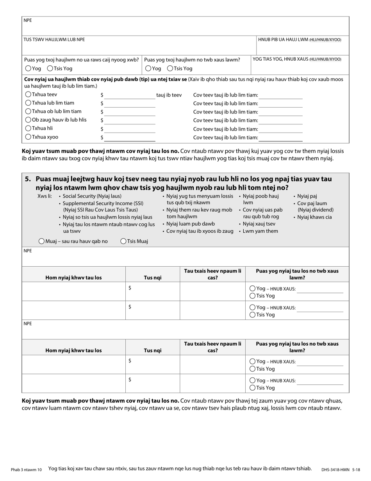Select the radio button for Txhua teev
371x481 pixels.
[28, 94]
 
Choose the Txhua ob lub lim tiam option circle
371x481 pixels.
[28, 111]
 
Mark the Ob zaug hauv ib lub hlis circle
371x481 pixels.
[28, 120]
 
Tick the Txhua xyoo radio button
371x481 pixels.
[28, 137]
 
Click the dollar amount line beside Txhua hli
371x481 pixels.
[130, 129]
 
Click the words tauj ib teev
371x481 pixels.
[169, 95]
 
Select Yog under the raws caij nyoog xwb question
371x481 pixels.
[28, 68]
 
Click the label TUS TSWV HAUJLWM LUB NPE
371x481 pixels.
[54, 39]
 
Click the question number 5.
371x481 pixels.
[28, 179]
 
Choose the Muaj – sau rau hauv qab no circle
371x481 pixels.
[41, 241]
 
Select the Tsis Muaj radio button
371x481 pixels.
[123, 241]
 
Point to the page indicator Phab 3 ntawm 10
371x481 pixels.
[26, 469]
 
